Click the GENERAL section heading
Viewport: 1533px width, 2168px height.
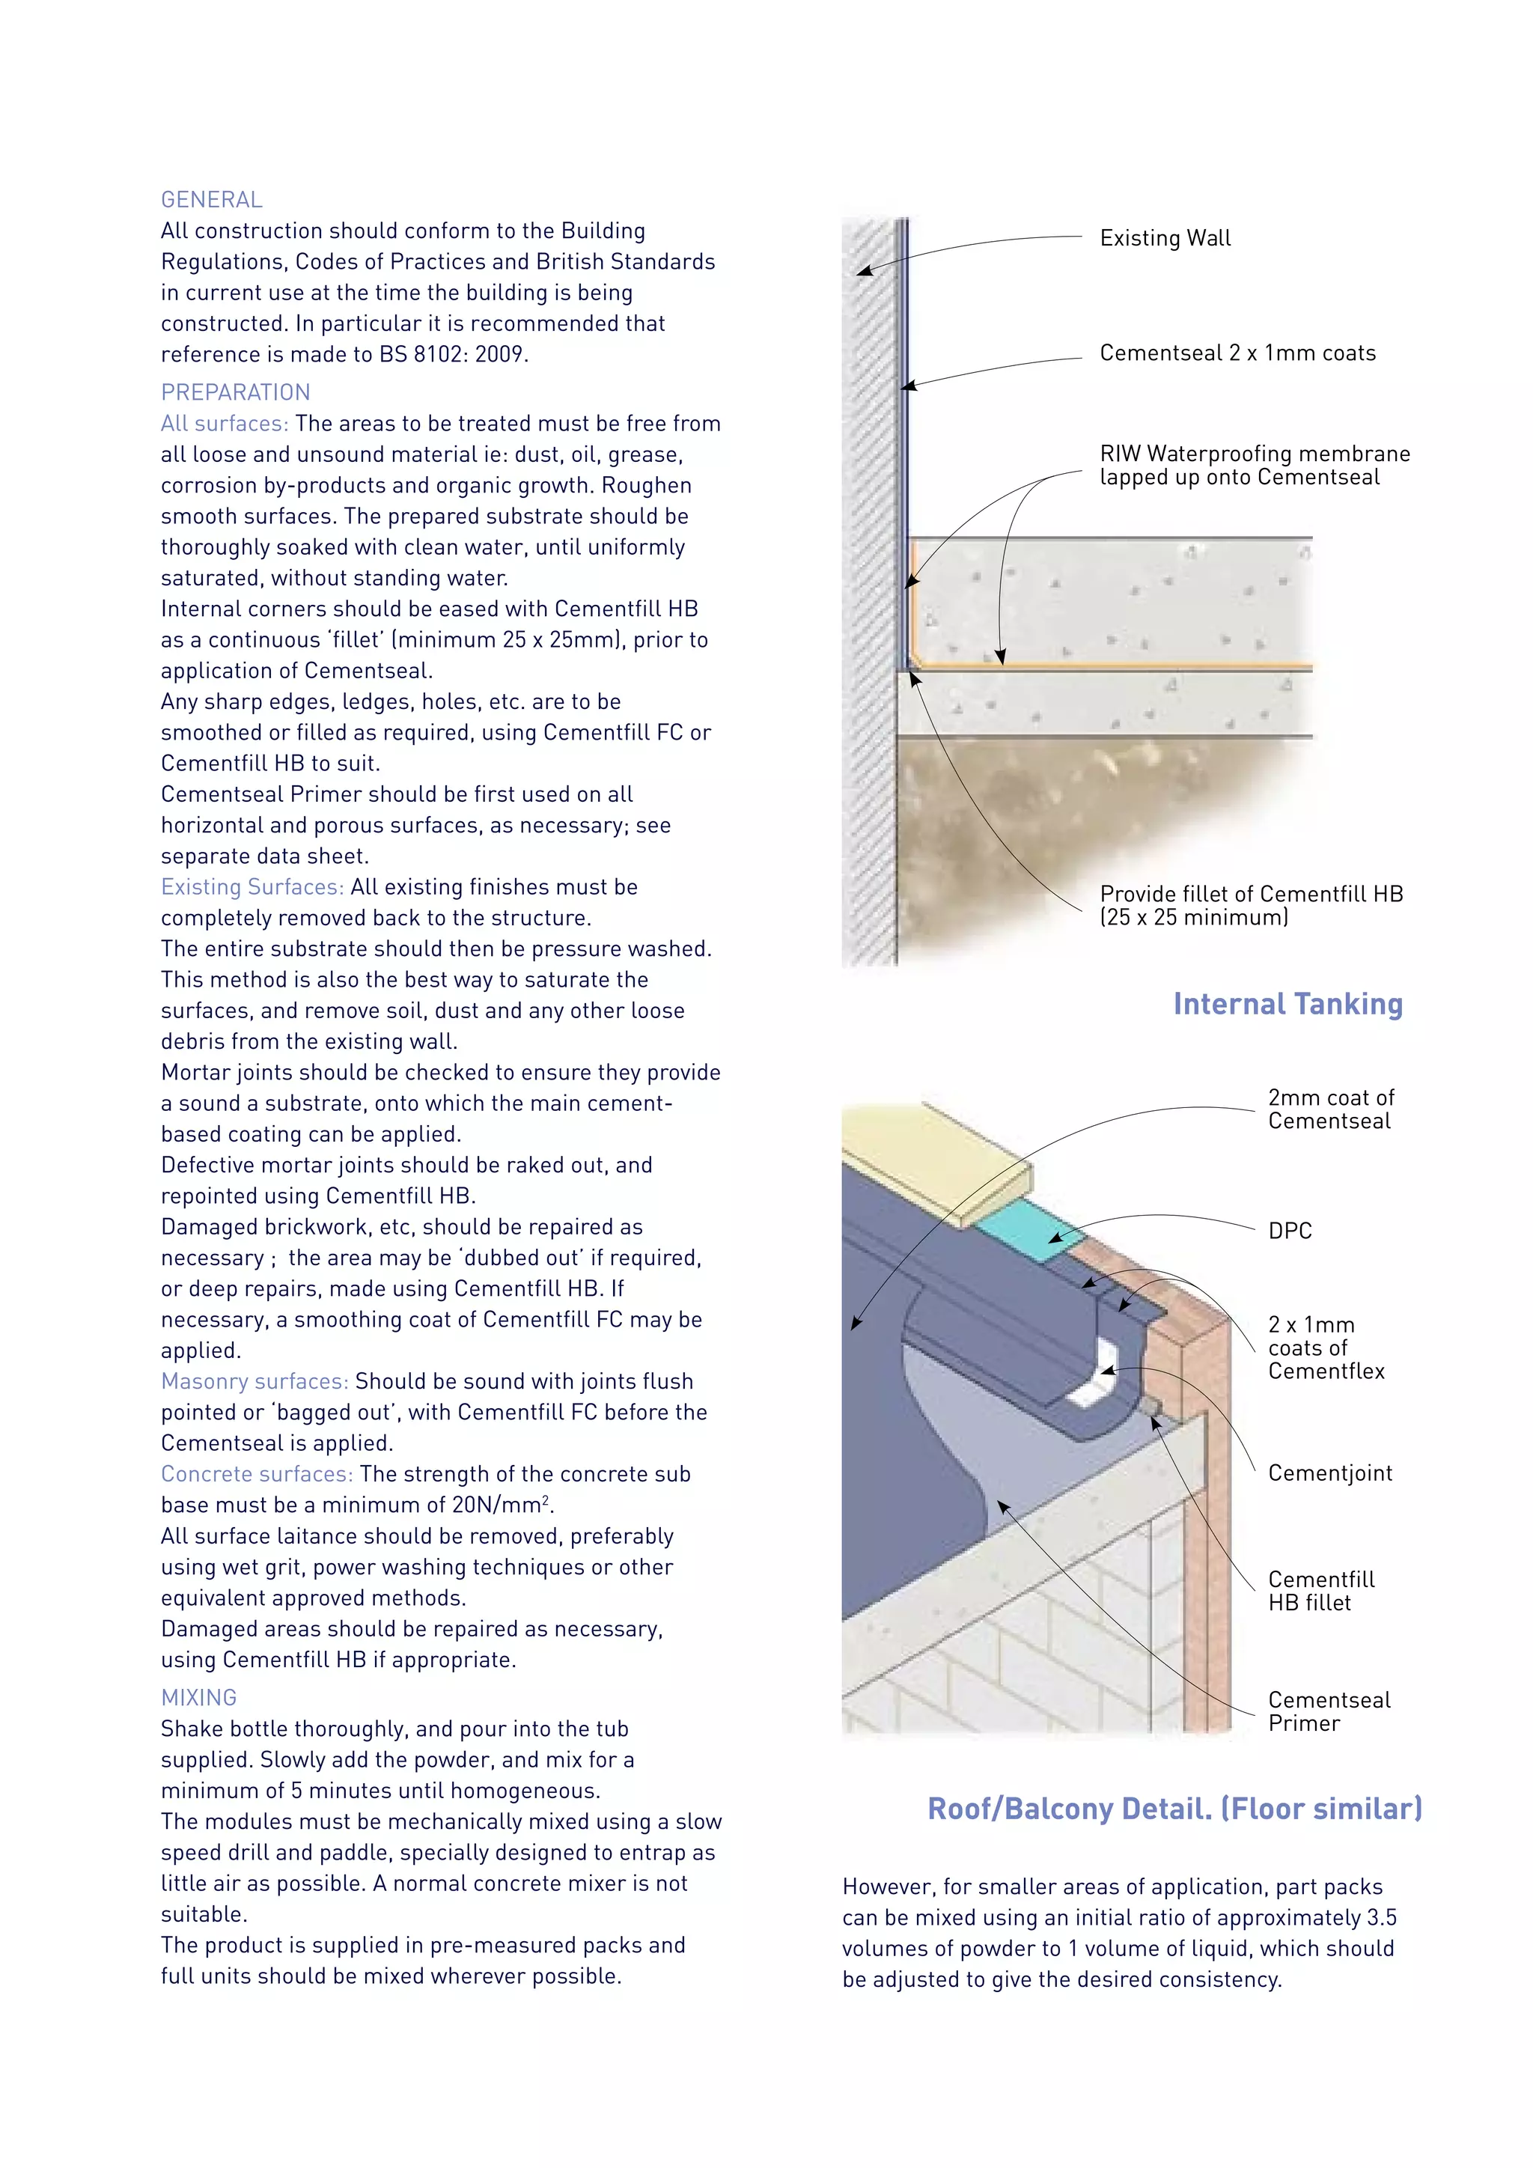tap(211, 200)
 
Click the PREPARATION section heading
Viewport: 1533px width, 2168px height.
tap(235, 393)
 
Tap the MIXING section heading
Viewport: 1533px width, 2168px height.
tap(198, 1698)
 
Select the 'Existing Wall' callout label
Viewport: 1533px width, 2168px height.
tap(1165, 238)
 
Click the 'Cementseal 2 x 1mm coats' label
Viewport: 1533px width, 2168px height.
tap(1237, 353)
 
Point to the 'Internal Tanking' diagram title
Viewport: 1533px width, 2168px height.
tap(1287, 1004)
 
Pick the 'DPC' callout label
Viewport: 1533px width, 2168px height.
tap(1290, 1231)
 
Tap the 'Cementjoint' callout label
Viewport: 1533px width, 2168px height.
tap(1329, 1473)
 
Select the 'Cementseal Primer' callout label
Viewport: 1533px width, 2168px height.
tap(1328, 1711)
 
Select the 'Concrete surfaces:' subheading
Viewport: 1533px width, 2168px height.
tap(257, 1474)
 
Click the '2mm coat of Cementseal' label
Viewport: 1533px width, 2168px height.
tap(1329, 1109)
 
